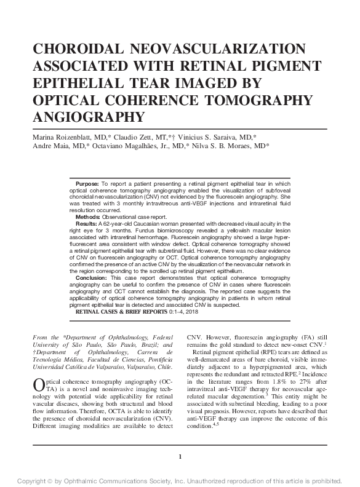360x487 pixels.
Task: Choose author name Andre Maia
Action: (x=44, y=148)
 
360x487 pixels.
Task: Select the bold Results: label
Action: (x=87, y=224)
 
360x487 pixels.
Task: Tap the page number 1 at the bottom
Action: (x=180, y=457)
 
